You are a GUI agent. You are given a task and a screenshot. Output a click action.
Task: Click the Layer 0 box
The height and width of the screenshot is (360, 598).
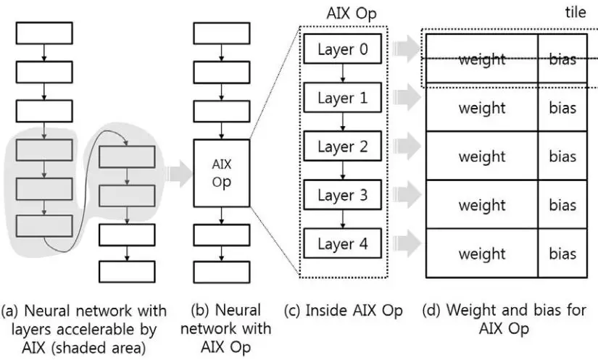[343, 49]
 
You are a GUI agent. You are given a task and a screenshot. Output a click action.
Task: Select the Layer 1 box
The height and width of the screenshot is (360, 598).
[343, 98]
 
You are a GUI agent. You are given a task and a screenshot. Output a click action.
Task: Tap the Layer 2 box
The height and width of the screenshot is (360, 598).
[343, 147]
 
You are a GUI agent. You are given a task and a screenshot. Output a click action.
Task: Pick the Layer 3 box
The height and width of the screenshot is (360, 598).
[343, 196]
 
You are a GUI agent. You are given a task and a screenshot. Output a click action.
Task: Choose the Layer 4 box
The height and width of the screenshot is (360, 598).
[343, 244]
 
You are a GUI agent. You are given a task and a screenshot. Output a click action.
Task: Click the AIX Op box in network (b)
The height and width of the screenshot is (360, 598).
[222, 173]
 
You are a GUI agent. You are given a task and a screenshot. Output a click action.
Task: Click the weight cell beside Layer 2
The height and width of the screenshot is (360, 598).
[481, 156]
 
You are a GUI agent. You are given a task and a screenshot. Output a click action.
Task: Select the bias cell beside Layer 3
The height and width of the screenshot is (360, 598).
[562, 205]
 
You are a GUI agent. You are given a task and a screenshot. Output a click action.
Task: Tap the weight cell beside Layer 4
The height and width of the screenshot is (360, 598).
[481, 254]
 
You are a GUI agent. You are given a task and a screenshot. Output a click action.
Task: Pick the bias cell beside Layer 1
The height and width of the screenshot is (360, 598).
[562, 108]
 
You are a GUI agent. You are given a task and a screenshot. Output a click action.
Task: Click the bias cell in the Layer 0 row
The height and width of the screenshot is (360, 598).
[562, 59]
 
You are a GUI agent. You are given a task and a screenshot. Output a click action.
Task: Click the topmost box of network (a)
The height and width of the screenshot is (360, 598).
[44, 33]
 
